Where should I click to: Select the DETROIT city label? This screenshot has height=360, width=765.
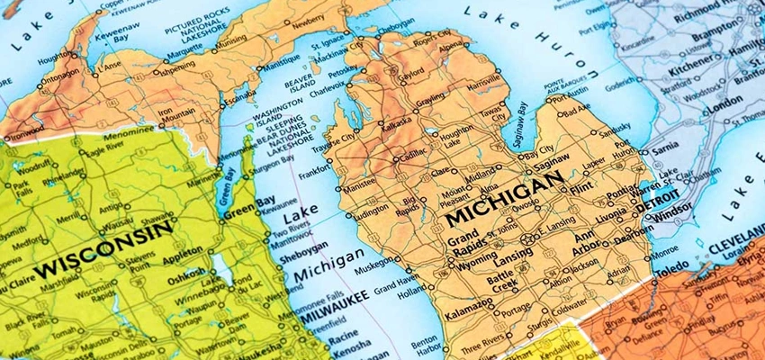(x=658, y=207)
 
